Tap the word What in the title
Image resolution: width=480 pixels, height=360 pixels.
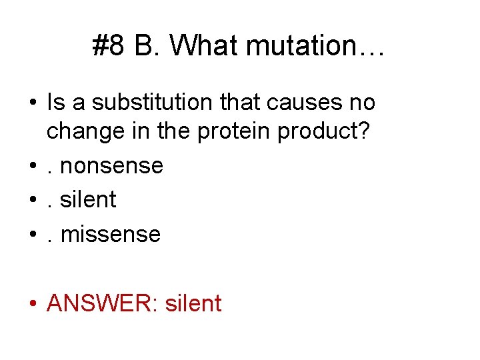pos(204,46)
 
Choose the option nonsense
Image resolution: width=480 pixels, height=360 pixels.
pos(111,165)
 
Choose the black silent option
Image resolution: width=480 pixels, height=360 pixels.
pos(88,199)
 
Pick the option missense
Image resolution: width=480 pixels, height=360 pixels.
pos(110,234)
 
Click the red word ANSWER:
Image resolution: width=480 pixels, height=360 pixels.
pos(102,303)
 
